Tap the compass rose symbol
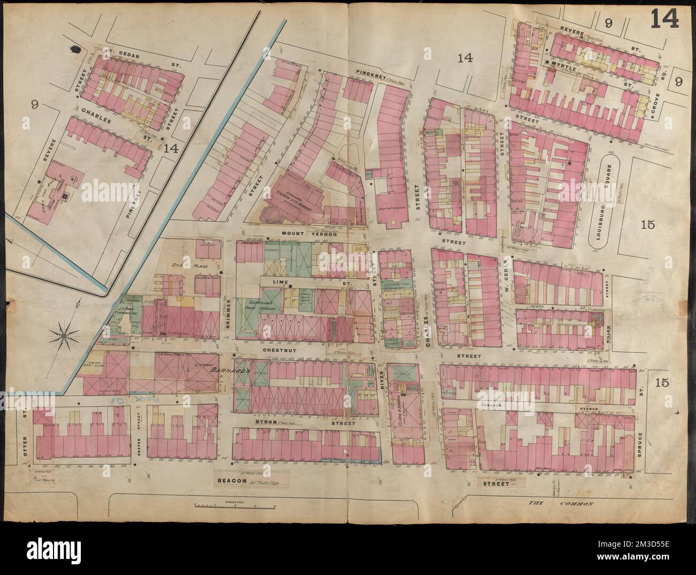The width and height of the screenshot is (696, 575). pos(63,336)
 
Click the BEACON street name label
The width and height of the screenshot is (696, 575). pos(231,481)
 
